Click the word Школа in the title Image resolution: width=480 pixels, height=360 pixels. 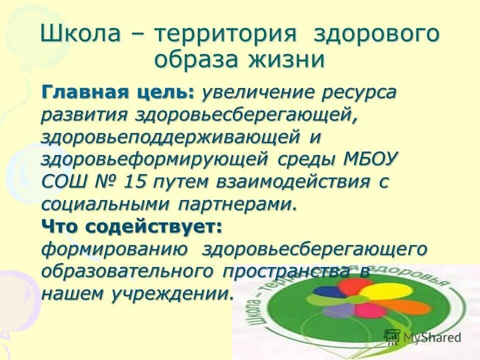coord(80,35)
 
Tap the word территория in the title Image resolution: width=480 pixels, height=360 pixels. coord(225,35)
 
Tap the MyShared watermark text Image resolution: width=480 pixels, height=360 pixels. coord(428,337)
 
